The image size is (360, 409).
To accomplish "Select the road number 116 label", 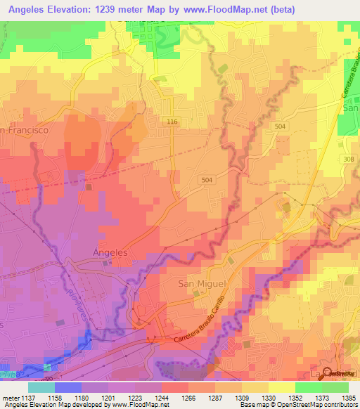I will click(172, 122).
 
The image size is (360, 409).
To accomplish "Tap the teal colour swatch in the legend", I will click(41, 387).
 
